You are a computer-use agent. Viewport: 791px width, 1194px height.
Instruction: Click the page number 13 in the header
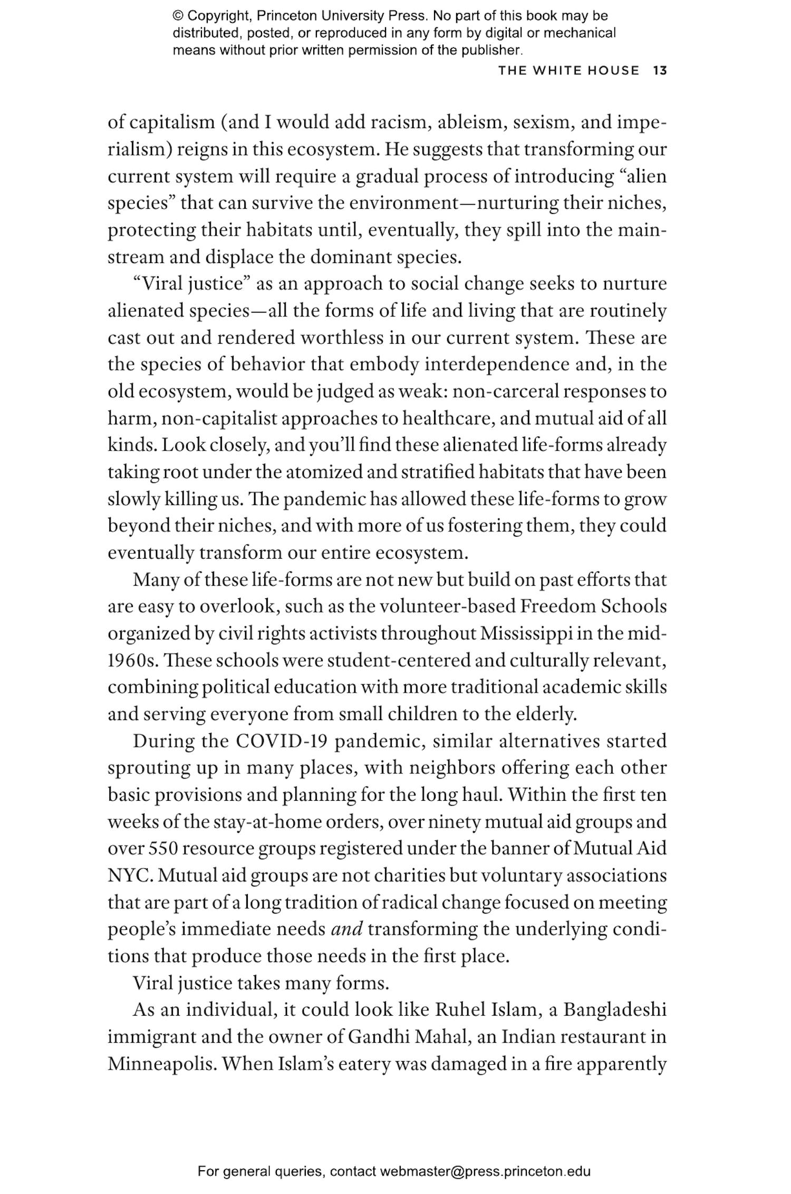(660, 71)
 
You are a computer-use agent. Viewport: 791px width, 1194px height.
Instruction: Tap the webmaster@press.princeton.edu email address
(485, 1172)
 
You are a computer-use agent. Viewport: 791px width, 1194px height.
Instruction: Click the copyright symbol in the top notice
(177, 16)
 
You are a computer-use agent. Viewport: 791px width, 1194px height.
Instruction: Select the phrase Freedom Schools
(593, 606)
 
